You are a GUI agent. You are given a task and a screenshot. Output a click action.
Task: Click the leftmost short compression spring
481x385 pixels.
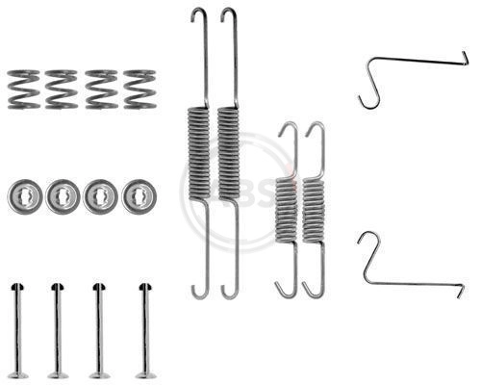pyautogui.click(x=23, y=90)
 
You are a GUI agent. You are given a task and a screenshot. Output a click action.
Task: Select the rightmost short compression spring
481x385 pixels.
pyautogui.click(x=139, y=90)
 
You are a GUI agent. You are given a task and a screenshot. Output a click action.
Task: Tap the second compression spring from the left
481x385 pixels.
pyautogui.click(x=62, y=90)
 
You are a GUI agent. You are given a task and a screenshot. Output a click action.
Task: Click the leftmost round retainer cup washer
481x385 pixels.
pyautogui.click(x=25, y=196)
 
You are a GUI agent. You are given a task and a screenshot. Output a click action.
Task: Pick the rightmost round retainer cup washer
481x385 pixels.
pyautogui.click(x=139, y=196)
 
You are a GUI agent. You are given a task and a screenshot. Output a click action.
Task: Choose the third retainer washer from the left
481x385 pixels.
pyautogui.click(x=100, y=196)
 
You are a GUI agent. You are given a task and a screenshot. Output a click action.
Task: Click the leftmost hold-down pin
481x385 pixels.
pyautogui.click(x=17, y=330)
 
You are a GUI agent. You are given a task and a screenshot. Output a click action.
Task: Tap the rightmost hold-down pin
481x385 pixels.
pyautogui.click(x=145, y=330)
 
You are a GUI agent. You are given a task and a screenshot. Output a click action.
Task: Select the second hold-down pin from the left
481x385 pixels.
pyautogui.click(x=58, y=330)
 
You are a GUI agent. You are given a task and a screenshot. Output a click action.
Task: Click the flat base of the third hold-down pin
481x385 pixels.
pyautogui.click(x=100, y=375)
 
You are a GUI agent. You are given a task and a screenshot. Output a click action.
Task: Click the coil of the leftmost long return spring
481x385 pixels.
pyautogui.click(x=198, y=154)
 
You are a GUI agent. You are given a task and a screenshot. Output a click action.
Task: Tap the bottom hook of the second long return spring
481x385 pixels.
pyautogui.click(x=230, y=291)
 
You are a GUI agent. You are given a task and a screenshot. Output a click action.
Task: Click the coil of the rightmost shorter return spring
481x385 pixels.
pyautogui.click(x=314, y=210)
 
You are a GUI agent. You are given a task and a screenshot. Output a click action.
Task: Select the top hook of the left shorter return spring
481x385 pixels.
pyautogui.click(x=289, y=130)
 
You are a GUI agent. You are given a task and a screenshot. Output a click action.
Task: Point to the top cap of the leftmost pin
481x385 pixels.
pyautogui.click(x=17, y=287)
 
